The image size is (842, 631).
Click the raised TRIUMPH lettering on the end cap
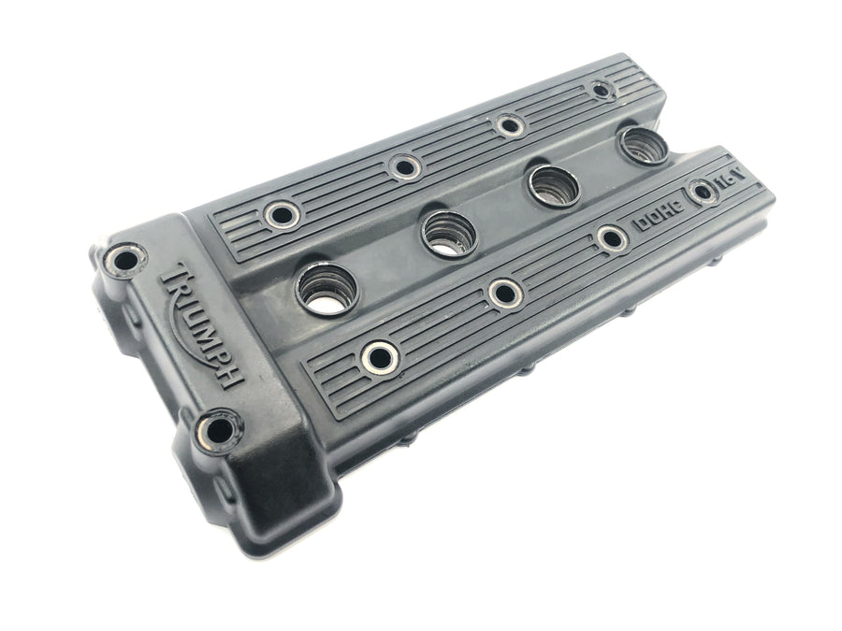[203, 324]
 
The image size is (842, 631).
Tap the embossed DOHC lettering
[659, 215]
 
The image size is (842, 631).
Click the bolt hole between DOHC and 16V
[703, 192]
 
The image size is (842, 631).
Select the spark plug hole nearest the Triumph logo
[327, 289]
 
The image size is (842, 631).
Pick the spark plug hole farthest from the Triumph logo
[645, 144]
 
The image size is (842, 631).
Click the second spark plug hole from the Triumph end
[449, 235]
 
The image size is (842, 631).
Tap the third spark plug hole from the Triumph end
[554, 186]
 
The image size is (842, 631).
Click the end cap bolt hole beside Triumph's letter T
[125, 261]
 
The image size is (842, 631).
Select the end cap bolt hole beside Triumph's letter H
[218, 431]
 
